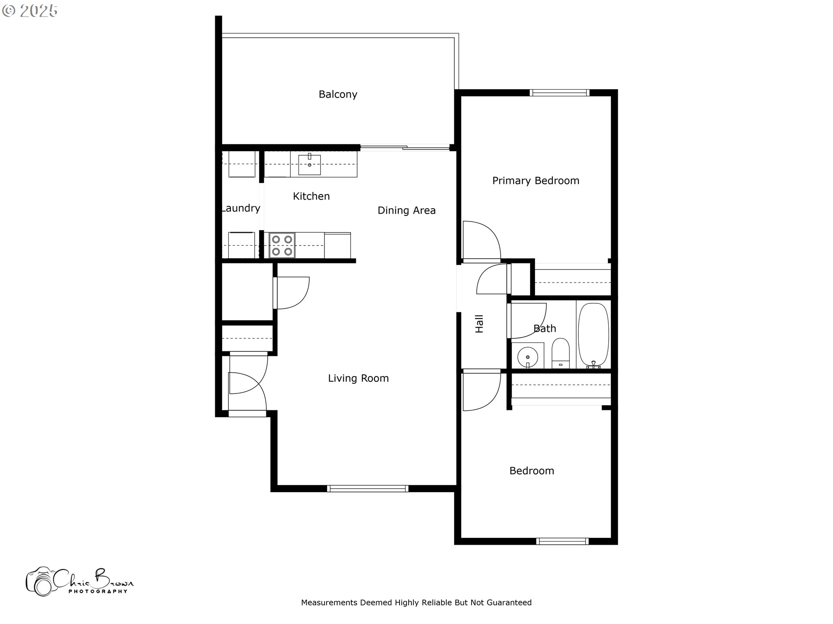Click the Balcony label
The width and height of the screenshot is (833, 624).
point(338,94)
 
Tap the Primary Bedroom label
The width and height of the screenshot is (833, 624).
point(535,181)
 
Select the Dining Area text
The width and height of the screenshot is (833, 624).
point(406,211)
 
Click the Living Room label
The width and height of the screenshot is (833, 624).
point(358,378)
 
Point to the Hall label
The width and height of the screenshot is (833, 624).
point(479,324)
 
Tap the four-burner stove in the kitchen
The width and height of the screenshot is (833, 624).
point(282,245)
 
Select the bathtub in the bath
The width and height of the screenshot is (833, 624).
point(593,335)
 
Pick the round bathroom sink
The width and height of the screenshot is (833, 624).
point(528,357)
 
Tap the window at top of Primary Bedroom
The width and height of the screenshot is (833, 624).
point(559,93)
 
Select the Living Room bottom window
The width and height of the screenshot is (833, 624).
point(367,488)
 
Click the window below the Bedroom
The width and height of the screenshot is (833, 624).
point(562,541)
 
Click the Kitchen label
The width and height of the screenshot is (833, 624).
point(311,196)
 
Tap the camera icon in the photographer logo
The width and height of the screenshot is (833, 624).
point(40,582)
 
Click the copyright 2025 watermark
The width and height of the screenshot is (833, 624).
point(30,11)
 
